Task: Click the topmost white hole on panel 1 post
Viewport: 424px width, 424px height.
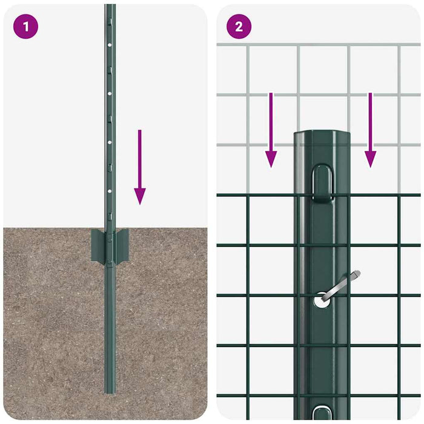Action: point(110,44)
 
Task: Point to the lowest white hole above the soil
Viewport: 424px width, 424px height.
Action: point(110,190)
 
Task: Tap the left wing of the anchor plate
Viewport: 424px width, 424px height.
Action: point(98,245)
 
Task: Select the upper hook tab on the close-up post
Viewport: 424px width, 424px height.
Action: point(322,181)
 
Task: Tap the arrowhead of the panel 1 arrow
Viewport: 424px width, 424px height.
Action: point(140,196)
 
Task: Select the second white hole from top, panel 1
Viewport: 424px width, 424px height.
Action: point(110,93)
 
